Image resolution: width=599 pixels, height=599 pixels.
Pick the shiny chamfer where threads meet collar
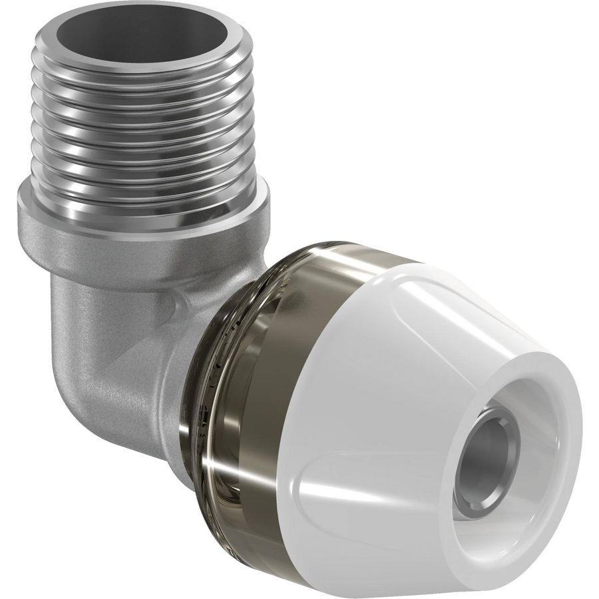(x=146, y=200)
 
